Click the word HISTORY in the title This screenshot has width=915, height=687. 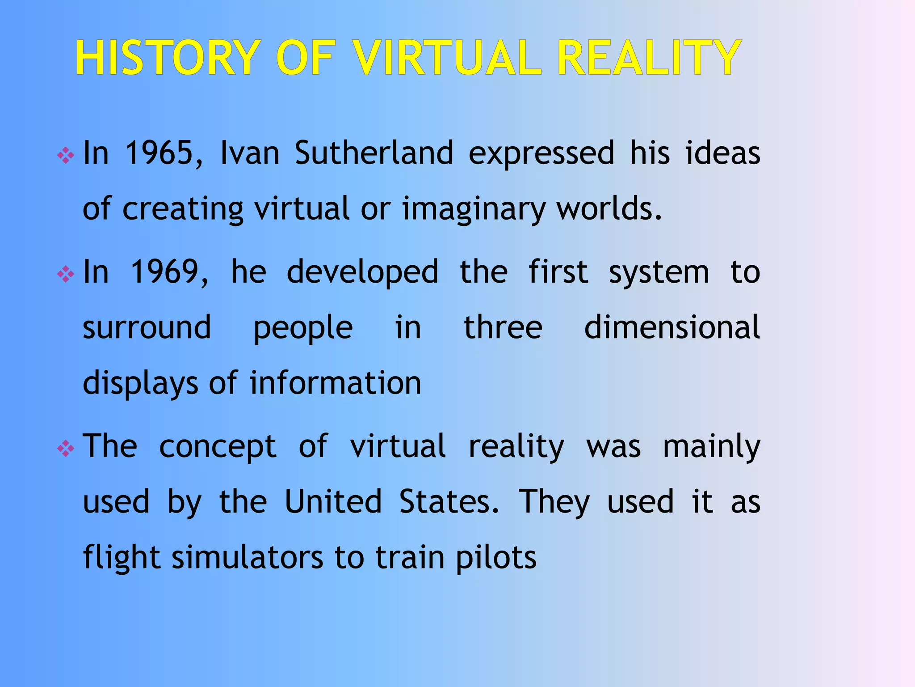coord(168,58)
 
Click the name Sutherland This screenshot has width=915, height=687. coord(374,153)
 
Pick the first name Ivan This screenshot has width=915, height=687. coord(250,153)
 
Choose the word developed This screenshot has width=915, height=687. coord(362,272)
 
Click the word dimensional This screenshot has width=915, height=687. coord(672,327)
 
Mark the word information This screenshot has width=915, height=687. coord(336,383)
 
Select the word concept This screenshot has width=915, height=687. coord(218,446)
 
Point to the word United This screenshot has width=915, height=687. coord(333,502)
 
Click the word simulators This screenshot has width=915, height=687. coord(248,558)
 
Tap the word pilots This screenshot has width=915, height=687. coord(496,558)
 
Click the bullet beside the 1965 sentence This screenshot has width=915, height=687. coord(66,156)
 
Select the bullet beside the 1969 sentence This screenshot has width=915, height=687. coord(66,274)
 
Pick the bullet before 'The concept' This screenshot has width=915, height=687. coord(66,449)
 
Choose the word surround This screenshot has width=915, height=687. coord(147,327)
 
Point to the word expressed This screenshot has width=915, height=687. coord(541,153)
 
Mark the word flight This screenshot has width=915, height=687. coord(122,558)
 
